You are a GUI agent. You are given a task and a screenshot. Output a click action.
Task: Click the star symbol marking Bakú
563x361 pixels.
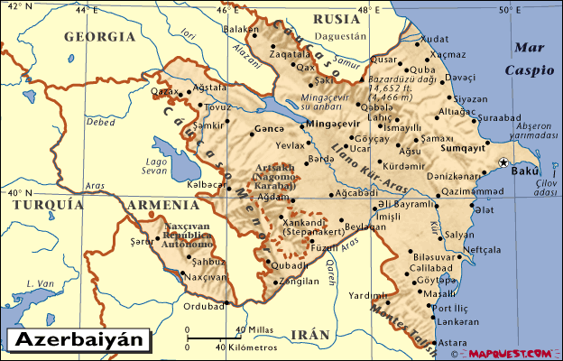(x=503, y=162)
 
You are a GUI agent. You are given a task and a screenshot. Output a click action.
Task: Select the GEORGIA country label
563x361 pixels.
(x=99, y=37)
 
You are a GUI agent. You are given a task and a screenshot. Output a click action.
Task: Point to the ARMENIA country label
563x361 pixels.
(x=156, y=206)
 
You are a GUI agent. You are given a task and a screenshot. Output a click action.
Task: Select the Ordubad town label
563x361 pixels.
(x=203, y=306)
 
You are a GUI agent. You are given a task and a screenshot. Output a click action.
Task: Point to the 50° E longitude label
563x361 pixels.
(x=509, y=10)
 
